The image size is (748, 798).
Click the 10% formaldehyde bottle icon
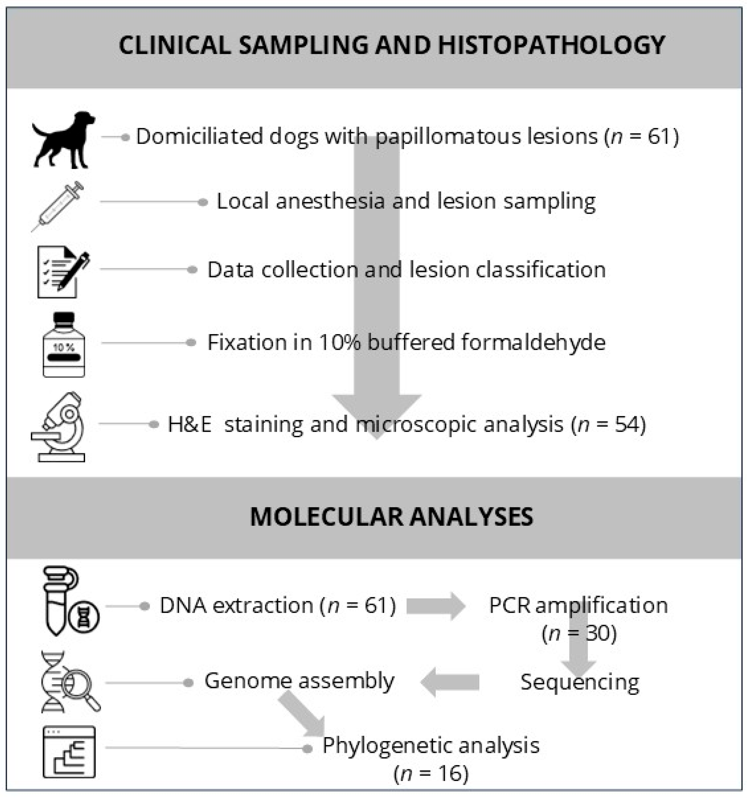[x=64, y=345]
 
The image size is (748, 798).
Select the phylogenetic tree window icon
[x=69, y=752]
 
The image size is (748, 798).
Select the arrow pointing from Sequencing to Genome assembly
[x=450, y=682]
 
